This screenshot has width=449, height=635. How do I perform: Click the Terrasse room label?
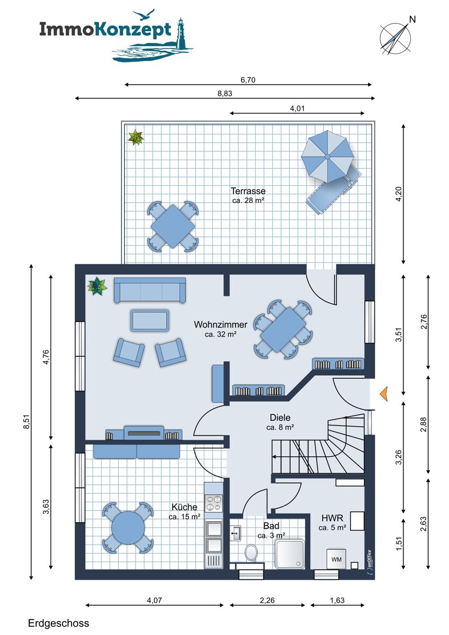[248, 190]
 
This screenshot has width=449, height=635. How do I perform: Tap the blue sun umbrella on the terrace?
[327, 157]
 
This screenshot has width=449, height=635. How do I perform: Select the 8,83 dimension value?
[224, 93]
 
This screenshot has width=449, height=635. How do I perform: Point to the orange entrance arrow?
[384, 394]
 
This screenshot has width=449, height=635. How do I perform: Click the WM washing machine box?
[336, 559]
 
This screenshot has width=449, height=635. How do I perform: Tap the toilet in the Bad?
[251, 552]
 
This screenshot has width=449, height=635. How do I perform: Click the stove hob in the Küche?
[213, 503]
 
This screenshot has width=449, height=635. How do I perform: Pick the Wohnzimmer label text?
[220, 324]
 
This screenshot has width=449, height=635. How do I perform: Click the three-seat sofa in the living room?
[150, 290]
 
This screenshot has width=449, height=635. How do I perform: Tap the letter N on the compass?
[412, 19]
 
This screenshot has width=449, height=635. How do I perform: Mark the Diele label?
[280, 418]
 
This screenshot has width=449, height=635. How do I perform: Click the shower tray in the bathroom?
[289, 554]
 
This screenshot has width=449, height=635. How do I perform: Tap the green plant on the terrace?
[136, 138]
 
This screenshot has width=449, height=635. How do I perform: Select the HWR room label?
[332, 518]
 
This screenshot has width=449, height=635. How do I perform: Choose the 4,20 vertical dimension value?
[399, 194]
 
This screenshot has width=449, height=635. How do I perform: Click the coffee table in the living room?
[150, 320]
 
